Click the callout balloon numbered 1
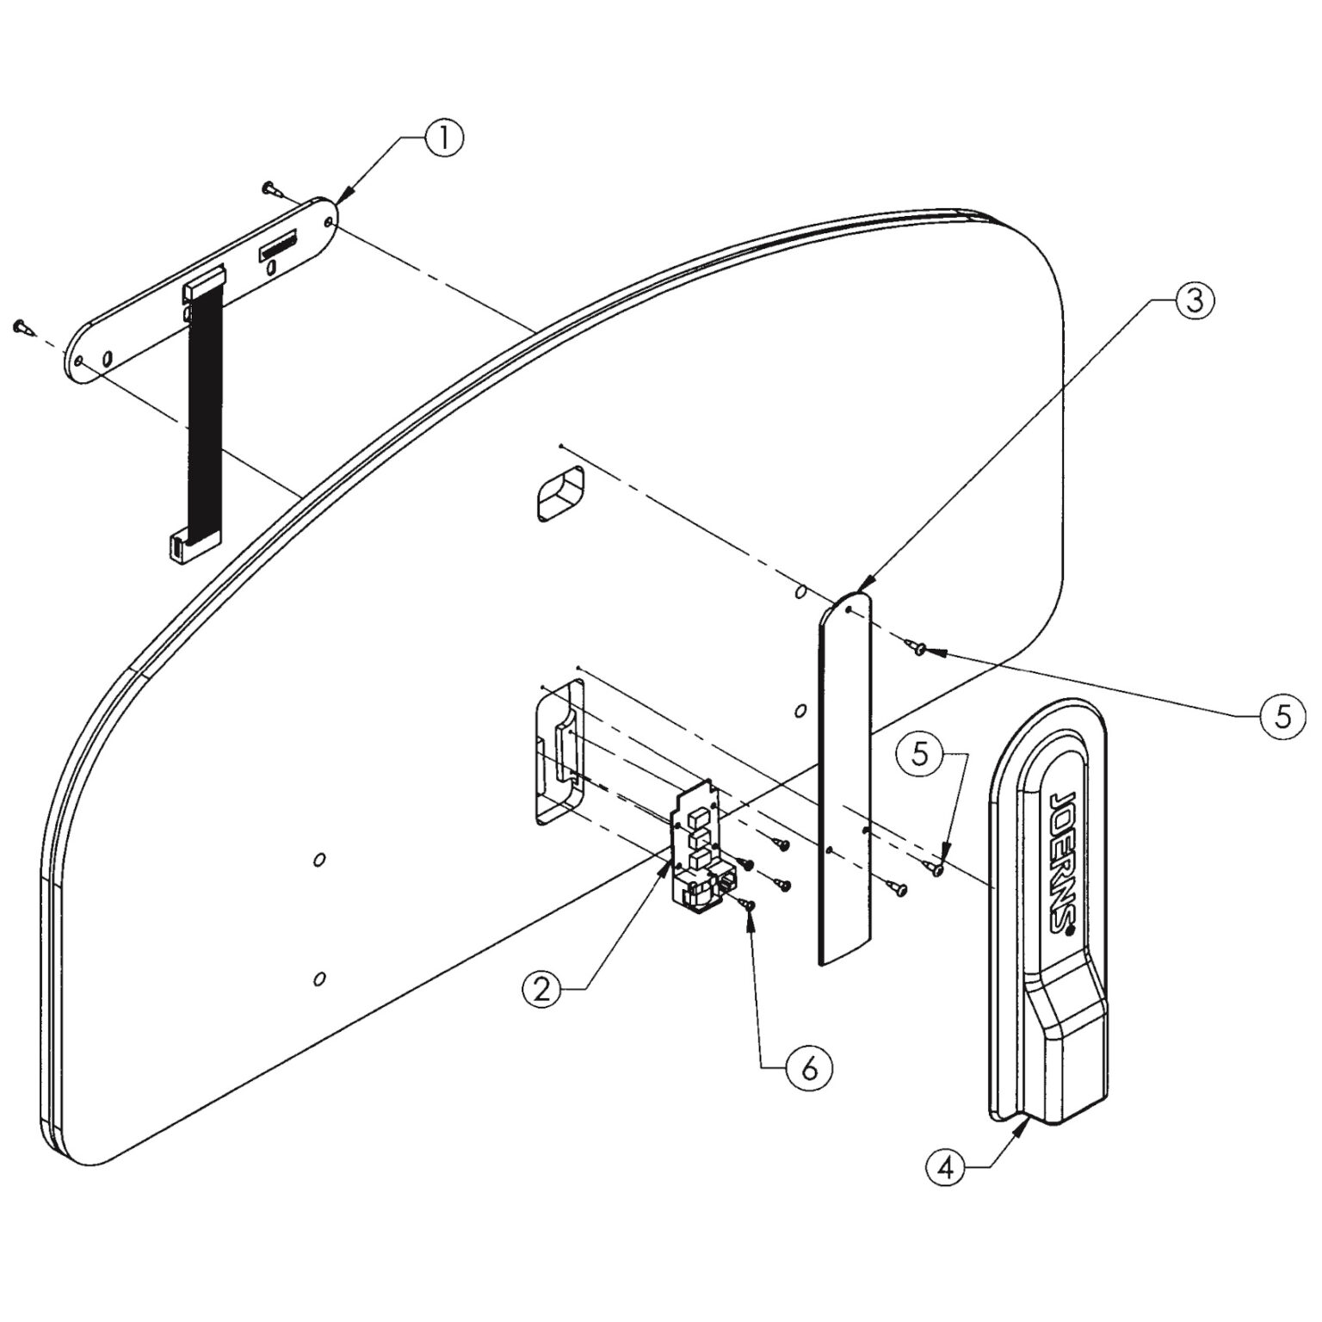click(x=442, y=138)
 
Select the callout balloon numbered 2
click(x=542, y=988)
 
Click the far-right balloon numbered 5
click(x=1282, y=716)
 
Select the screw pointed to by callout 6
click(x=748, y=904)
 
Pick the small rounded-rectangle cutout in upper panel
click(x=559, y=494)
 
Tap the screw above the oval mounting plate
click(x=270, y=187)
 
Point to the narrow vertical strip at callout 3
click(x=845, y=775)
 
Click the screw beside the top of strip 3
click(x=917, y=647)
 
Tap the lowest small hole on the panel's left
click(x=319, y=978)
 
